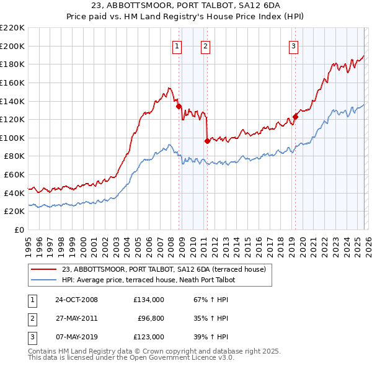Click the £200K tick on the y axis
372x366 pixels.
pyautogui.click(x=12, y=46)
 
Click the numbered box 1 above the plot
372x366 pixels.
pyautogui.click(x=177, y=45)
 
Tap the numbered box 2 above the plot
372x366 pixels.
pyautogui.click(x=205, y=45)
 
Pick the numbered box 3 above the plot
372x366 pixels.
pyautogui.click(x=293, y=45)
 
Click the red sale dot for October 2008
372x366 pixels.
pyautogui.click(x=179, y=106)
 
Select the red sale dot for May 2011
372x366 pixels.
pyautogui.click(x=207, y=141)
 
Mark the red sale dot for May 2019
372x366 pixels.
pyautogui.click(x=295, y=117)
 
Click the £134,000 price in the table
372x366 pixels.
pyautogui.click(x=149, y=300)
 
